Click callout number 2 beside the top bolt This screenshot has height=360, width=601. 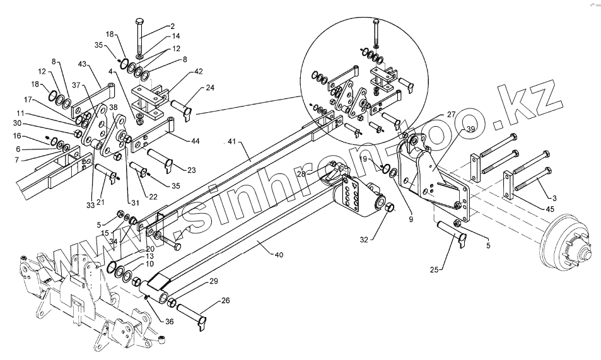[172, 26]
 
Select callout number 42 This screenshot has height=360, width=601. [199, 72]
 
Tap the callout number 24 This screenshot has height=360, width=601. [210, 88]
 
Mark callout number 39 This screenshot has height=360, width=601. [470, 130]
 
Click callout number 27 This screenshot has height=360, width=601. [451, 115]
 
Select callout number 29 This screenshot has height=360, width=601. [214, 281]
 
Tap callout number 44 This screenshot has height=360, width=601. [195, 141]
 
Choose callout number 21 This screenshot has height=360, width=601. [101, 202]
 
